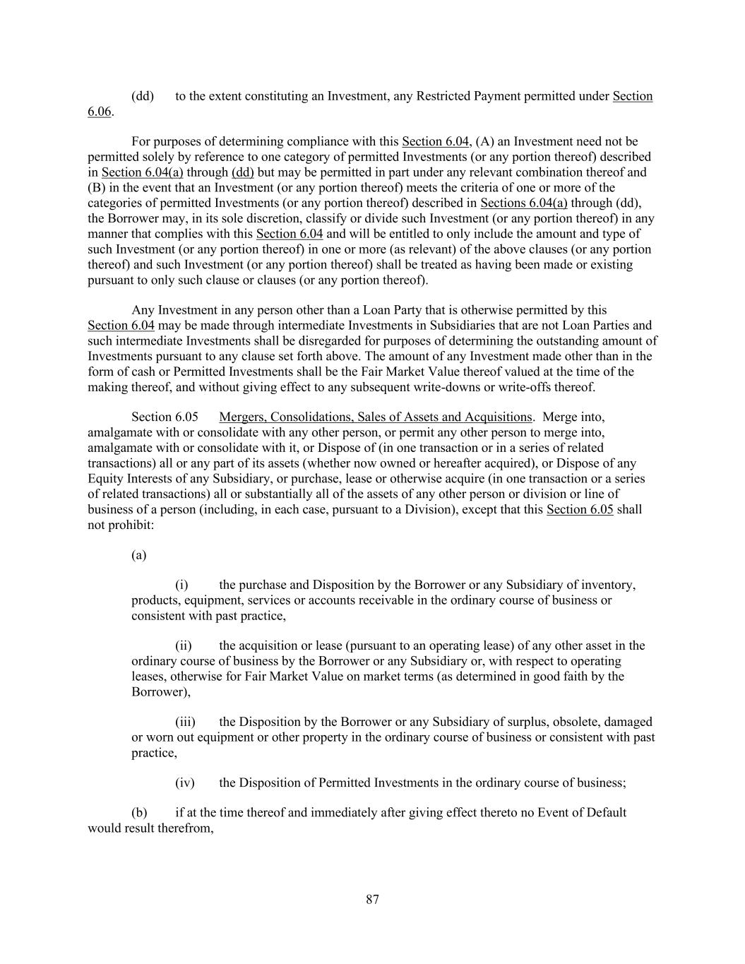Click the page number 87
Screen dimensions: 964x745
(x=373, y=899)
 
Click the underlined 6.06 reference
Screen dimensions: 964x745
(x=99, y=112)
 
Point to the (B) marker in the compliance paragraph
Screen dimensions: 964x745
(x=96, y=188)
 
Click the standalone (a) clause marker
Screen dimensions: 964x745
(x=139, y=555)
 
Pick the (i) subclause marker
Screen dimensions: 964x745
(x=181, y=585)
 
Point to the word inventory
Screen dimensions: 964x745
(x=609, y=585)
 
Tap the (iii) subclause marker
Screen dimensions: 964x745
(x=185, y=722)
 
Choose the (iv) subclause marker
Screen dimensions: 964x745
(x=184, y=782)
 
